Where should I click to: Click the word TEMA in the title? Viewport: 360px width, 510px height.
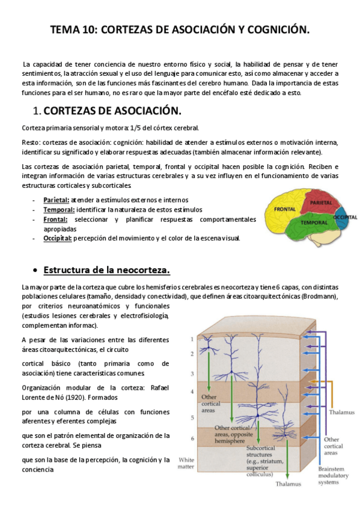[64, 29]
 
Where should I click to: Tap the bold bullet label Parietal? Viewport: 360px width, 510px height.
[56, 199]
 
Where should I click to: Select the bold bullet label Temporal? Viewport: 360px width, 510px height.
[58, 209]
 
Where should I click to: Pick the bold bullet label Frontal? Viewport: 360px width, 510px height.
[55, 219]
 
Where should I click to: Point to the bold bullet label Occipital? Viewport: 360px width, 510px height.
[57, 238]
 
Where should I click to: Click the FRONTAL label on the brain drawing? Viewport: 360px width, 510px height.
[284, 209]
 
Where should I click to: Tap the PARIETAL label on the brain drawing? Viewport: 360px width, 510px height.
[321, 203]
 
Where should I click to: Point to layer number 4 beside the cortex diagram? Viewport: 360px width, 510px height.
[192, 392]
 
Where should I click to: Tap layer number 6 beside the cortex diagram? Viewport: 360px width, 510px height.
[192, 438]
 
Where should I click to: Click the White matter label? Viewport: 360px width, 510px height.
[186, 463]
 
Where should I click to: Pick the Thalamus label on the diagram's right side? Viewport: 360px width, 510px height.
[341, 413]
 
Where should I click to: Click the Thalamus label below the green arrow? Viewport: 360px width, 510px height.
[288, 484]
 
